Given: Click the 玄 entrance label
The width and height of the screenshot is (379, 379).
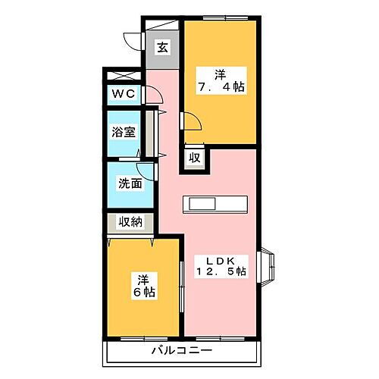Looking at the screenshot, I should click(162, 47).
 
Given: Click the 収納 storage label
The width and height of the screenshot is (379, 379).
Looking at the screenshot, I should click(130, 223).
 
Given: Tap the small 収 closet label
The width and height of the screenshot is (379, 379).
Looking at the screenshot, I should click(195, 158).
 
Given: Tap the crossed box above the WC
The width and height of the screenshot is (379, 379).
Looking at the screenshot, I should click(124, 77).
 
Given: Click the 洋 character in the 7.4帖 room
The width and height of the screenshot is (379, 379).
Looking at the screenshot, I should click(220, 74).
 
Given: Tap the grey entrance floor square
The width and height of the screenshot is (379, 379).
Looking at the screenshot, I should click(163, 48).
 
